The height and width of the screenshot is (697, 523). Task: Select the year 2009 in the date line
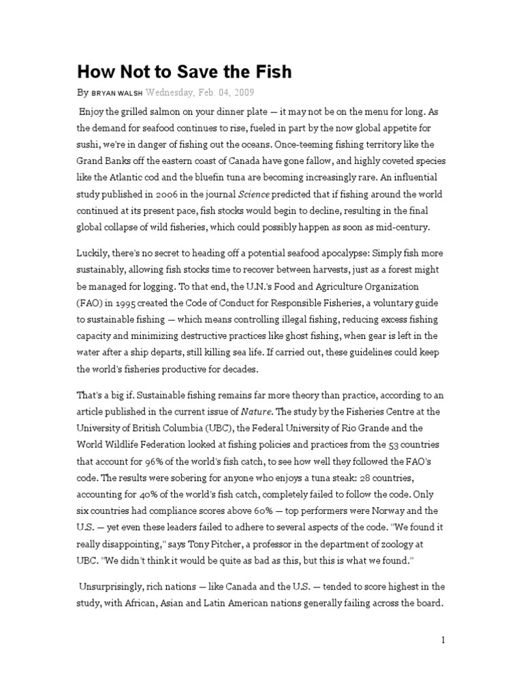click(x=224, y=93)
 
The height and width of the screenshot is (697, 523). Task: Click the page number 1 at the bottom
click(x=443, y=639)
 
